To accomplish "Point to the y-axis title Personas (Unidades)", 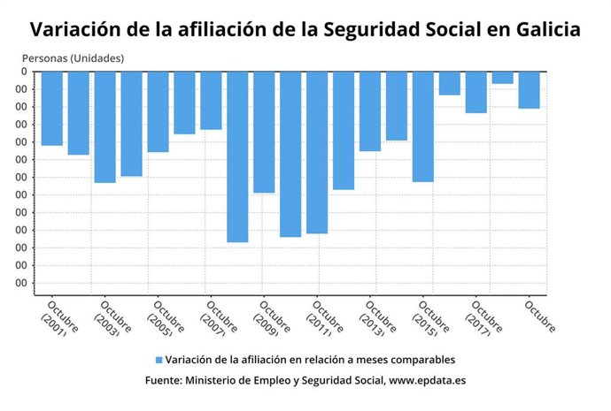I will (x=73, y=58).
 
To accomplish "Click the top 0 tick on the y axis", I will (x=24, y=72).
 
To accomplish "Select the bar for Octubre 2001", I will (x=52, y=108).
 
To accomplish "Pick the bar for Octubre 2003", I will (x=105, y=126).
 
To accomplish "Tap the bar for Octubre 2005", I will (x=159, y=111).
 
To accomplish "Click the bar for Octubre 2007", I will (x=211, y=100).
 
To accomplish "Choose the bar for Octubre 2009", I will (x=264, y=132).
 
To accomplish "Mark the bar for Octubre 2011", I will (x=317, y=152).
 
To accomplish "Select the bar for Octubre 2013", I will (x=370, y=110).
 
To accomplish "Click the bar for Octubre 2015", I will (x=423, y=126).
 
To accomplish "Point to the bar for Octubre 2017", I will (x=476, y=92).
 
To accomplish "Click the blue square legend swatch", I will (x=159, y=360).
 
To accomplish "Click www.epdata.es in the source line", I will (x=428, y=380).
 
